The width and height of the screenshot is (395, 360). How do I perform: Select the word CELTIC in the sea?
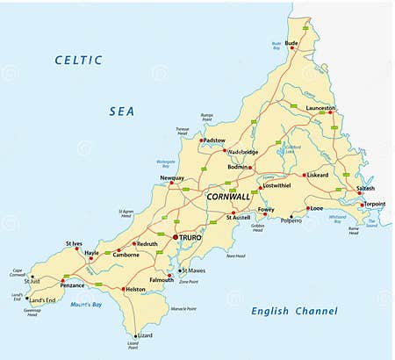pyautogui.click(x=78, y=60)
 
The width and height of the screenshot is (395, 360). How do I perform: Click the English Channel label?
pyautogui.click(x=294, y=311)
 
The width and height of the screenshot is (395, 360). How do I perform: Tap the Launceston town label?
pyautogui.click(x=320, y=107)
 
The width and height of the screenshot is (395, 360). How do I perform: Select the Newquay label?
pyautogui.click(x=172, y=177)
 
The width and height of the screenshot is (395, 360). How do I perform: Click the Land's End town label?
pyautogui.click(x=42, y=300)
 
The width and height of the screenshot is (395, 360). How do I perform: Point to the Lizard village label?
pyautogui.click(x=145, y=335)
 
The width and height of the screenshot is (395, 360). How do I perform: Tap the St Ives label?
pyautogui.click(x=75, y=242)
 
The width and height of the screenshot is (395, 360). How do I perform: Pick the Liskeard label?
pyautogui.click(x=317, y=174)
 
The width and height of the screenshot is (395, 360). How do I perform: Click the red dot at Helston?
pyautogui.click(x=123, y=289)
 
